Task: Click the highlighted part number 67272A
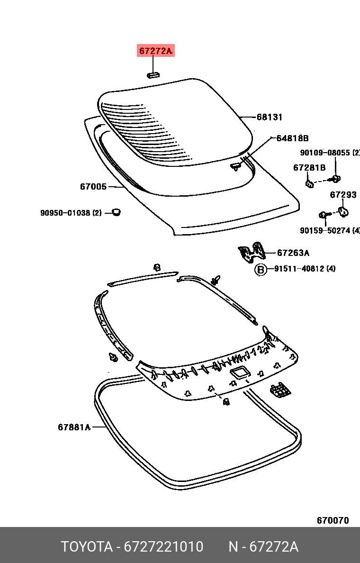pyautogui.click(x=156, y=51)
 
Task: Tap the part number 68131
pyautogui.click(x=270, y=117)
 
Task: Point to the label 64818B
pyautogui.click(x=292, y=138)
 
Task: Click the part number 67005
pyautogui.click(x=93, y=187)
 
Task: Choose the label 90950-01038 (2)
pyautogui.click(x=71, y=213)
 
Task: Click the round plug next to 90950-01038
pyautogui.click(x=115, y=211)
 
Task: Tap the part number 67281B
pyautogui.click(x=309, y=167)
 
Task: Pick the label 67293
pyautogui.click(x=343, y=194)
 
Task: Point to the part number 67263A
pyautogui.click(x=293, y=253)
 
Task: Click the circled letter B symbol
pyautogui.click(x=261, y=270)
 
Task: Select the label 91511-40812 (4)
pyautogui.click(x=305, y=269)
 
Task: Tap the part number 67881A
pyautogui.click(x=74, y=427)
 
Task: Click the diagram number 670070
pyautogui.click(x=333, y=520)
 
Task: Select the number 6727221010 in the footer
pyautogui.click(x=163, y=547)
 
